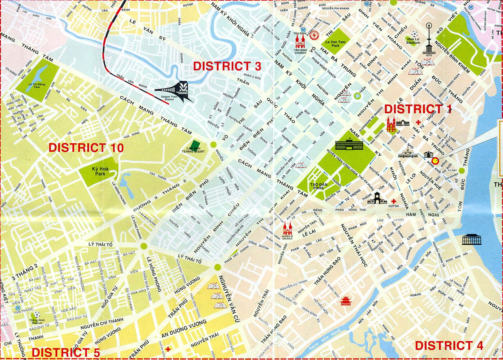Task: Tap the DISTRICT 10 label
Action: tap(86, 148)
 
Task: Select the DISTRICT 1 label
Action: tap(418, 109)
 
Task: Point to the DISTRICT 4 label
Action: tap(449, 346)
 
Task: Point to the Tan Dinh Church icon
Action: tap(300, 39)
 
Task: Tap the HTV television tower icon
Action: tap(429, 40)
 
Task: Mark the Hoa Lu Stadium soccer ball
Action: tap(414, 34)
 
